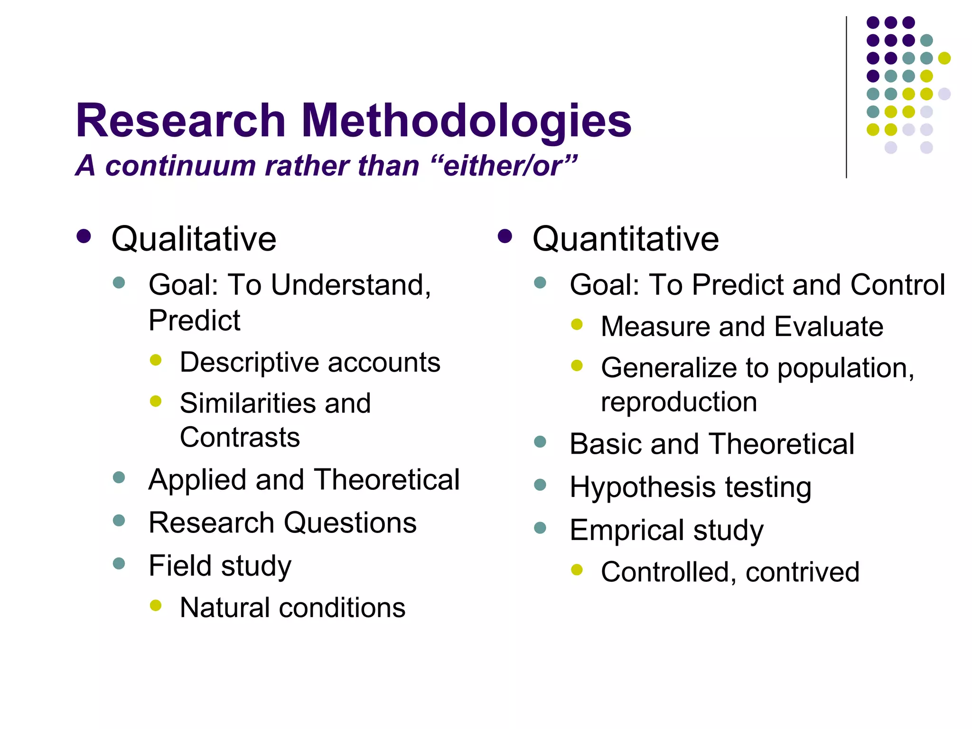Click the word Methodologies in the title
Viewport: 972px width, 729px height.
[466, 121]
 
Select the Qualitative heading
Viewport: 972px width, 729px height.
[194, 239]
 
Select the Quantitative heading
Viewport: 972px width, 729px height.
[626, 239]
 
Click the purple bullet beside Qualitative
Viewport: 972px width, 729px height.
[84, 236]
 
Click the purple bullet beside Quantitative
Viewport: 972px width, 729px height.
[505, 236]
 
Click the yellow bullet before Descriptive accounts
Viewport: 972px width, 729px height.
[156, 360]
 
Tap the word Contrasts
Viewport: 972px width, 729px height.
[240, 437]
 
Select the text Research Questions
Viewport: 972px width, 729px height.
[282, 523]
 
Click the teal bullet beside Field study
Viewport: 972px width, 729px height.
[119, 563]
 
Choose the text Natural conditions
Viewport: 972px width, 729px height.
[292, 607]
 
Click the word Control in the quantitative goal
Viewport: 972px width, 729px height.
[897, 285]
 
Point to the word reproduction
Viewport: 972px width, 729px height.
[679, 402]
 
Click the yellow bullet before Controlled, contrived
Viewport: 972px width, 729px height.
[577, 570]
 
